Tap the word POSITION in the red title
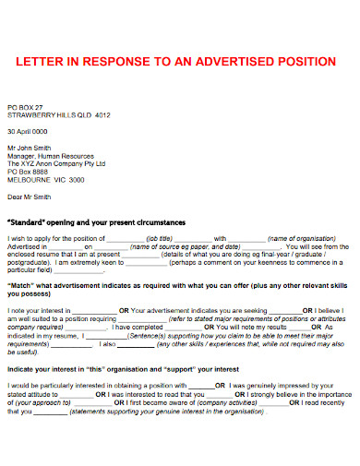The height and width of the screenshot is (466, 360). (310, 62)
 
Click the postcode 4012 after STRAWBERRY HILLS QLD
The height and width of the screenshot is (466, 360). (102, 115)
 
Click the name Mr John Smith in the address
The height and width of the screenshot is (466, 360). (30, 148)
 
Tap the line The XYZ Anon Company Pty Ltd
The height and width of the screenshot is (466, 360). (56, 163)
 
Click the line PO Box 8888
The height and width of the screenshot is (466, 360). (27, 172)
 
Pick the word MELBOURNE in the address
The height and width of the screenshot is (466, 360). (30, 179)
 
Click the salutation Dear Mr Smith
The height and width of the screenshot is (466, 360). (30, 197)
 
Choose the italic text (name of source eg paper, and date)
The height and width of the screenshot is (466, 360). (179, 247)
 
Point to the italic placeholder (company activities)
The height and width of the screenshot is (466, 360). (226, 403)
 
